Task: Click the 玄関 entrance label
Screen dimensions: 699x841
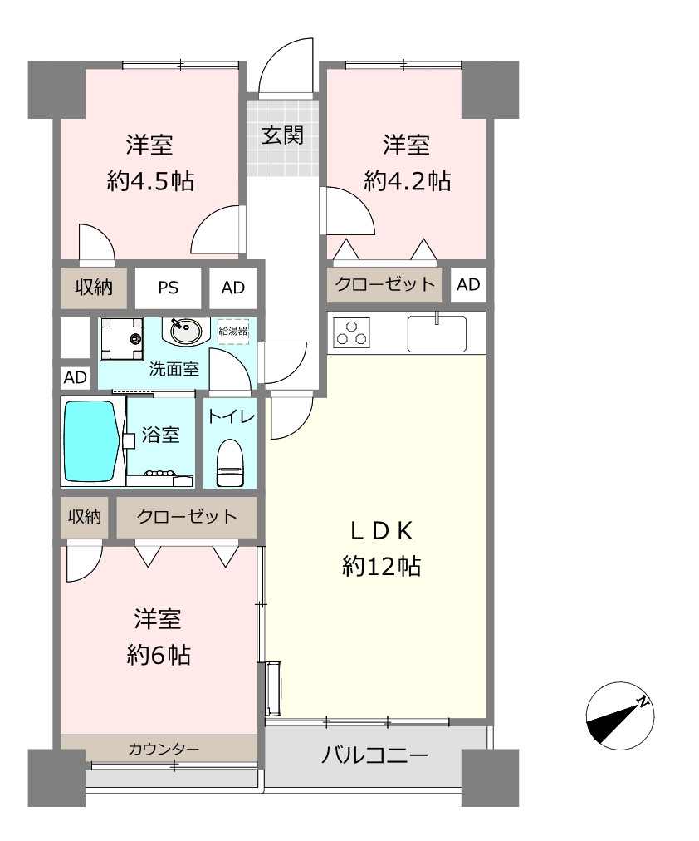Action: coord(282,135)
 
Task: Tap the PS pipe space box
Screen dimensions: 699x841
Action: coord(168,288)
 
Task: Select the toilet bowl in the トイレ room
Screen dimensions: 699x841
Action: coord(230,463)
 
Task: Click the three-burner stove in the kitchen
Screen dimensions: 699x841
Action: coord(351,332)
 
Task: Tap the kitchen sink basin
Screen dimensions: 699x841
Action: coord(437,333)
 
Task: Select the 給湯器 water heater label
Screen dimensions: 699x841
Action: coord(233,331)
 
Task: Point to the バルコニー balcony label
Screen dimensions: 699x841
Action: coord(374,755)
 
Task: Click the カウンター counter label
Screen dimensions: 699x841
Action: coord(164,749)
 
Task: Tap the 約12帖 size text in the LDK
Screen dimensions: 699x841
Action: coord(381,566)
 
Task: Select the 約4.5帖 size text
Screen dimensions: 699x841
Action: coord(150,181)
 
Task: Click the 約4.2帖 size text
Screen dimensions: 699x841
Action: coord(407,181)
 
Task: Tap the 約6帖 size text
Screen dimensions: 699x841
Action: coord(159,655)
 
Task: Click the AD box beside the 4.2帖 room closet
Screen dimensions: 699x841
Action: coord(468,285)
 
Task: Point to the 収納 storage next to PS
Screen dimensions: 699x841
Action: coord(93,288)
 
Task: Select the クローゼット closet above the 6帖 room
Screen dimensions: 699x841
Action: coord(187,517)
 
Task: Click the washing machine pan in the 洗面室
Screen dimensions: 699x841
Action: coord(122,338)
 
